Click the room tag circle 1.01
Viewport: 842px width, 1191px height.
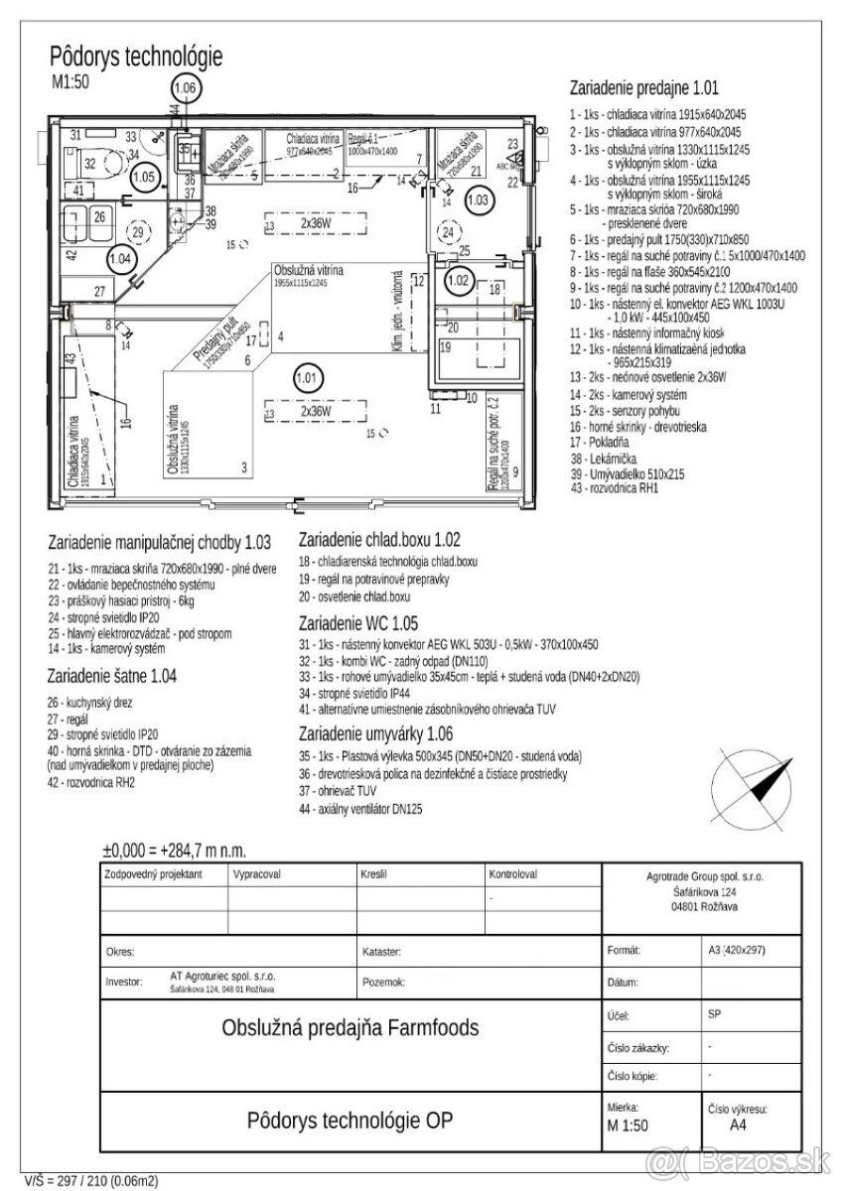[x=308, y=377]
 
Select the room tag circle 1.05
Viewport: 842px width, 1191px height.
[x=146, y=177]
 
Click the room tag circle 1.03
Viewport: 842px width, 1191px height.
[x=478, y=199]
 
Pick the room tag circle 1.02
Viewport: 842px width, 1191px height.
[x=459, y=282]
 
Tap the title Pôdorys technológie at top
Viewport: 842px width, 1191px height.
[x=136, y=56]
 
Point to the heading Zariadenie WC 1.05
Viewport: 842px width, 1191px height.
[x=364, y=623]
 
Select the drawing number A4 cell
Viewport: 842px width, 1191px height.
[x=738, y=1125]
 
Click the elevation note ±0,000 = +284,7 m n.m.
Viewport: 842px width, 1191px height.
[x=175, y=851]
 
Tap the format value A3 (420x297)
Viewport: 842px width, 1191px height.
[x=737, y=950]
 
